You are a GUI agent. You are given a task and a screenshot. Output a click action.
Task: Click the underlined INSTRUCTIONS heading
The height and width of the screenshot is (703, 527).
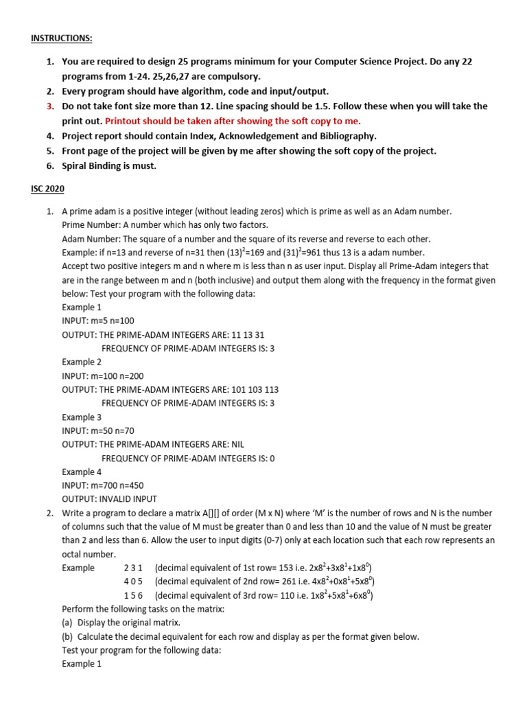[62, 38]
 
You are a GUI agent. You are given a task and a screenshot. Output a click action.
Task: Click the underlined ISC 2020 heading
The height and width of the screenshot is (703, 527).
[48, 189]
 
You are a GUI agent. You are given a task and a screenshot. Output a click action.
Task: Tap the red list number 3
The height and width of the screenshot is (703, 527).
[50, 106]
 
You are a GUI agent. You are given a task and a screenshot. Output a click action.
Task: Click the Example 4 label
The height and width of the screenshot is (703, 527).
[82, 472]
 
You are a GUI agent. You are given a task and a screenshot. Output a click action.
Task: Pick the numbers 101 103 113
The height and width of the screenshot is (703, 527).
[255, 389]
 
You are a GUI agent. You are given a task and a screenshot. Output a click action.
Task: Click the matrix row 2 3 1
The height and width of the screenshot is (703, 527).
[133, 568]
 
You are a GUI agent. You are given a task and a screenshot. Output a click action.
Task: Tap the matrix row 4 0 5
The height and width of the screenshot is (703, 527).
[133, 581]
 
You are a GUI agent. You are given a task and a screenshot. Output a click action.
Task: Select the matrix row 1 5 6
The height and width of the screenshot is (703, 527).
[133, 595]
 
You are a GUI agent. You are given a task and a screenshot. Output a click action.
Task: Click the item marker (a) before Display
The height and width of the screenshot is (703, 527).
[67, 623]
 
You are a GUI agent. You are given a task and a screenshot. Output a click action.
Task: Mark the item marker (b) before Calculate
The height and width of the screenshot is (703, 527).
[67, 636]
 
